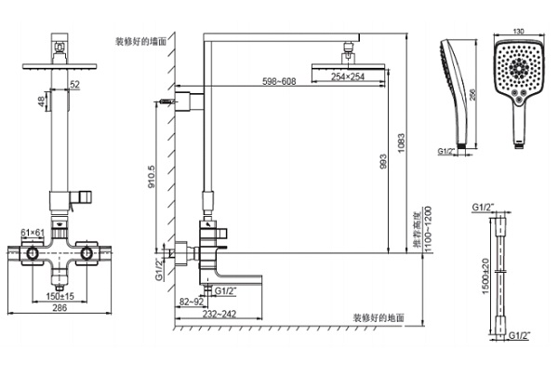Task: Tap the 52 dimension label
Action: pos(74,85)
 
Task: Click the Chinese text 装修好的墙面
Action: pos(141,42)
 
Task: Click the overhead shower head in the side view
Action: pos(350,64)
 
